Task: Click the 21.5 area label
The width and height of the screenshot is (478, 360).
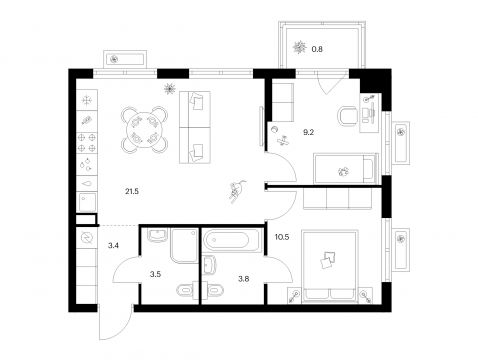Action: [x=132, y=191]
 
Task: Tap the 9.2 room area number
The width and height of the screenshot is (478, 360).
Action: [x=308, y=132]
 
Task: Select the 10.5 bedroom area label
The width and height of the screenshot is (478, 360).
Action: [x=282, y=237]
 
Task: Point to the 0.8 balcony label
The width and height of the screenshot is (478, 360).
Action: [x=317, y=49]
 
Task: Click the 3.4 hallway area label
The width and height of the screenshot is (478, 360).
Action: [x=113, y=246]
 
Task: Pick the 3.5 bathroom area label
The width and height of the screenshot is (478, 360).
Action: [x=155, y=274]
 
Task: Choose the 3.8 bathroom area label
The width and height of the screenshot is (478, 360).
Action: [x=244, y=279]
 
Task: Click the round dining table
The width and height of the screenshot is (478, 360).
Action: [x=144, y=130]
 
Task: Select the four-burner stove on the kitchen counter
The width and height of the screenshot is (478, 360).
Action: [x=87, y=143]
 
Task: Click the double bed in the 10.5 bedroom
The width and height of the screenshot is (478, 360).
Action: [x=330, y=267]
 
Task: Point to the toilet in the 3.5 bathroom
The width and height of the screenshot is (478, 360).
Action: [x=185, y=290]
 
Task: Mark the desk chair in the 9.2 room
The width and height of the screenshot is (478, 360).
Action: [x=348, y=117]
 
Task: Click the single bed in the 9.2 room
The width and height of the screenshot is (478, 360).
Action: [x=346, y=168]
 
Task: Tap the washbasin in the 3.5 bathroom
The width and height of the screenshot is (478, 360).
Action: [x=157, y=235]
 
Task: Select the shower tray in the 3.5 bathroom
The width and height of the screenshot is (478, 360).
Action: [x=184, y=245]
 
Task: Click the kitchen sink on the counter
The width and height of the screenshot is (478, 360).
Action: [x=87, y=202]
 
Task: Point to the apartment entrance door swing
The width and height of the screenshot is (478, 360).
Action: [x=115, y=322]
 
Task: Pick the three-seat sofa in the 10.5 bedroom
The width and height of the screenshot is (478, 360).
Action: [x=337, y=198]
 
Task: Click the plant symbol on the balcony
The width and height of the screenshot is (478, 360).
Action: [x=299, y=47]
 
